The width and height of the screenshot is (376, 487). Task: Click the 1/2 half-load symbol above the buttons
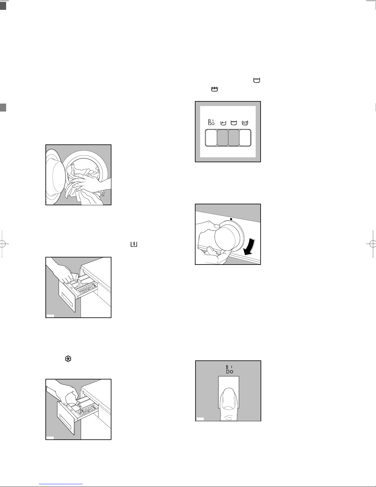[245, 123]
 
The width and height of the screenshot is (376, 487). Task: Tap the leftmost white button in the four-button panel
[211, 138]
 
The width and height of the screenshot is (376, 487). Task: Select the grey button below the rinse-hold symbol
[223, 138]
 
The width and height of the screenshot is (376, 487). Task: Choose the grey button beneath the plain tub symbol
[234, 138]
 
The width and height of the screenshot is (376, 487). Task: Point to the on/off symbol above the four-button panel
[211, 122]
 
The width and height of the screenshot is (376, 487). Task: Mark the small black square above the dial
[231, 219]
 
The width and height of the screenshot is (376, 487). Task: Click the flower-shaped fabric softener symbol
[68, 359]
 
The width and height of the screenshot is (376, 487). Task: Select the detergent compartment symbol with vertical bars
[134, 244]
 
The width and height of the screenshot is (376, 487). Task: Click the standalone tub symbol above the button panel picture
[257, 80]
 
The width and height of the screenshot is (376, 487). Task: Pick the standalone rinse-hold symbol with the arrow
[215, 89]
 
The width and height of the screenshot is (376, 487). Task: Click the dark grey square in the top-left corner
[3, 6]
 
